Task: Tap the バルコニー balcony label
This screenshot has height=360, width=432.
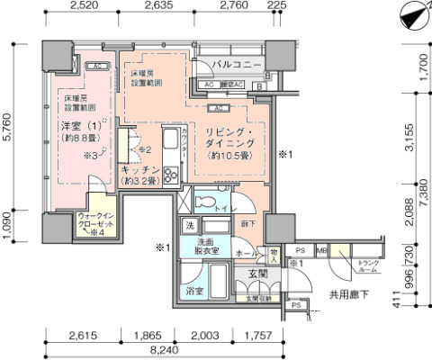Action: [x=237, y=67]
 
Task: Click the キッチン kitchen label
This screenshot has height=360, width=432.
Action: [x=139, y=170]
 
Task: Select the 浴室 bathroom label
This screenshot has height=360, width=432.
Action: [x=194, y=292]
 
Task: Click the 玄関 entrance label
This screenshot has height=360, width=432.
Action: [x=258, y=274]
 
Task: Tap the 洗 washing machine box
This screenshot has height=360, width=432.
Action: [x=191, y=225]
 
